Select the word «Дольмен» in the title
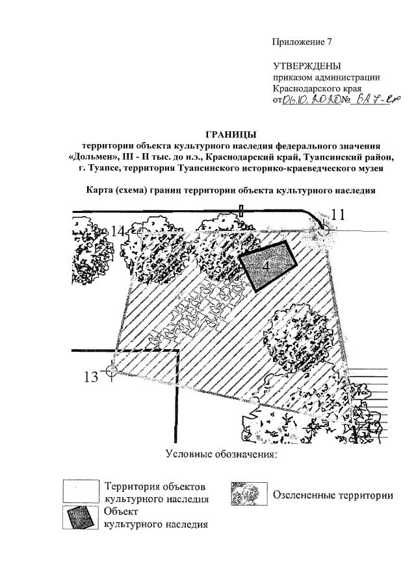[x=93, y=157]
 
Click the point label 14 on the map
[x=118, y=231]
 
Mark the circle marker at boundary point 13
[x=111, y=371]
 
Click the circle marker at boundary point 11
[x=323, y=229]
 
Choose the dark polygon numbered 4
[x=267, y=265]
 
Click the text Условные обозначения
[x=221, y=453]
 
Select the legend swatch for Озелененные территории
[x=249, y=495]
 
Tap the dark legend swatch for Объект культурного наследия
[x=81, y=517]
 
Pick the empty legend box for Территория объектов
[x=81, y=492]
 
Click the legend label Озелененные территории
[x=333, y=496]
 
